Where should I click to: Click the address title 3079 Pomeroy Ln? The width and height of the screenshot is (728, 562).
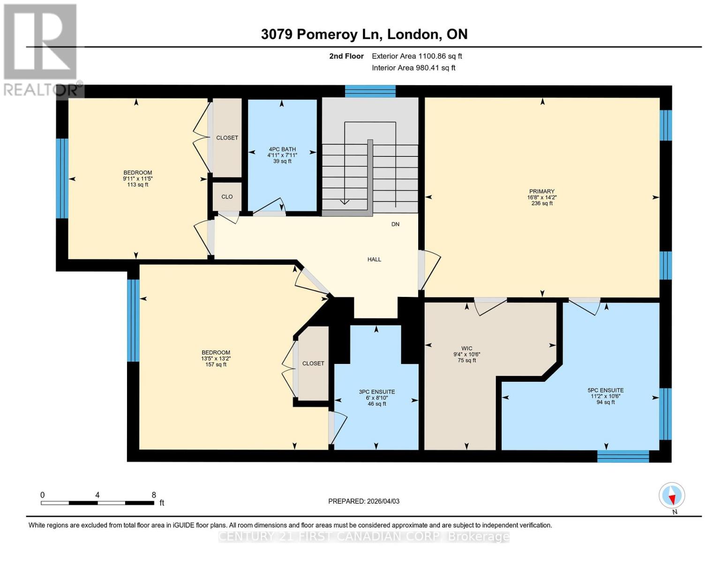(364, 34)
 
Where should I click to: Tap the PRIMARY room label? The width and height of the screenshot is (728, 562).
(541, 191)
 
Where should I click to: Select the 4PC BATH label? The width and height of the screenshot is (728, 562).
(282, 149)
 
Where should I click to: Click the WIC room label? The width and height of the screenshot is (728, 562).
(466, 348)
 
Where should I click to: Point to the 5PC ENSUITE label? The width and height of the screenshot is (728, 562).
(605, 390)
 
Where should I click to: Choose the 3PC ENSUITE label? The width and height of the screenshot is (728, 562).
(376, 392)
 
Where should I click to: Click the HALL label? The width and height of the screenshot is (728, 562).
(374, 259)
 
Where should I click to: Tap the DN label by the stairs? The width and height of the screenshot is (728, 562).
(395, 224)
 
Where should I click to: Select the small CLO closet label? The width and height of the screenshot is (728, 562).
(227, 197)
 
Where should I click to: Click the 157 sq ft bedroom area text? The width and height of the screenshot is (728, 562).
(216, 364)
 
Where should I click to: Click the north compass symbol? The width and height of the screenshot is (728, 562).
(672, 495)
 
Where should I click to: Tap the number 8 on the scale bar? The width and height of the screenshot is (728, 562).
(154, 495)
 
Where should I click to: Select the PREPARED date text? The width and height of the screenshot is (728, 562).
(364, 501)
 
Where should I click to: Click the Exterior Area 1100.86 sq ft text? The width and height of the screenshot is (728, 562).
(417, 56)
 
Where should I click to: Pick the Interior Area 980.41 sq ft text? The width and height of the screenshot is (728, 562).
(413, 68)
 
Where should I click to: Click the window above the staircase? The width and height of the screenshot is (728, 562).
(370, 91)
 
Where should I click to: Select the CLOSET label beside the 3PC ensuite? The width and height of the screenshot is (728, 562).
(313, 363)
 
